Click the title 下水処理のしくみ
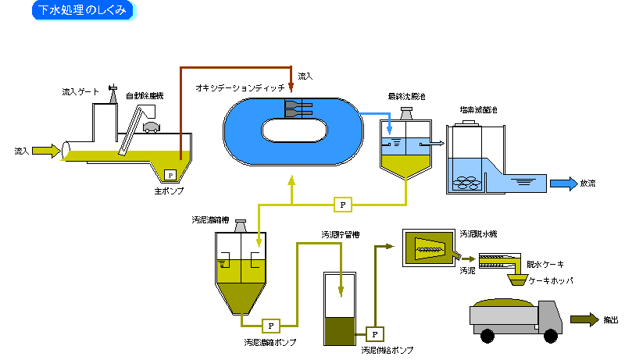82,10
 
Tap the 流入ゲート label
80,92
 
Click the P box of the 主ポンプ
169,175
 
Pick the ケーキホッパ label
551,279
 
